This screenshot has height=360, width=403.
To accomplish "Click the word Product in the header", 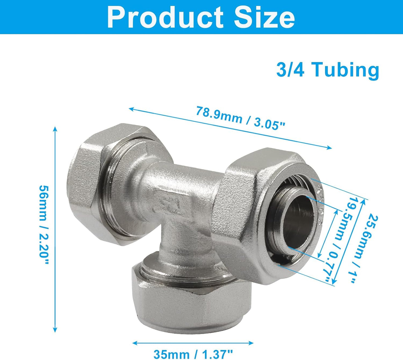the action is [165, 17].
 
